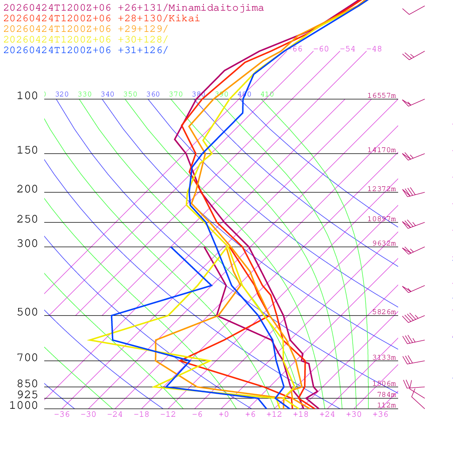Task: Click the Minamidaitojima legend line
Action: pyautogui.click(x=134, y=8)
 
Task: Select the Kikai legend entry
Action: pyautogui.click(x=101, y=19)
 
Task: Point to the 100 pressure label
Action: pyautogui.click(x=27, y=96)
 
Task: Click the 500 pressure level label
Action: pyautogui.click(x=27, y=313)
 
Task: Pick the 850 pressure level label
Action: pyautogui.click(x=27, y=384)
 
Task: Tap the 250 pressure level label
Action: pyautogui.click(x=27, y=219)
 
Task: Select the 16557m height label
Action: pyautogui.click(x=382, y=96)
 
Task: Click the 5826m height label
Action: pyautogui.click(x=384, y=312)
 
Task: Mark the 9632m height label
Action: pyautogui.click(x=384, y=243)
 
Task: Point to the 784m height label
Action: pyautogui.click(x=386, y=395)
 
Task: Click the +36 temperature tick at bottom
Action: pyautogui.click(x=380, y=415)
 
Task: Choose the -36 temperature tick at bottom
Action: pyautogui.click(x=62, y=415)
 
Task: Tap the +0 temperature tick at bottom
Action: pyautogui.click(x=223, y=415)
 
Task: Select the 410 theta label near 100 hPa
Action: pyautogui.click(x=267, y=94)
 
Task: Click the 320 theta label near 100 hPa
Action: pyautogui.click(x=62, y=94)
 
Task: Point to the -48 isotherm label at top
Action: pyautogui.click(x=374, y=49)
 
